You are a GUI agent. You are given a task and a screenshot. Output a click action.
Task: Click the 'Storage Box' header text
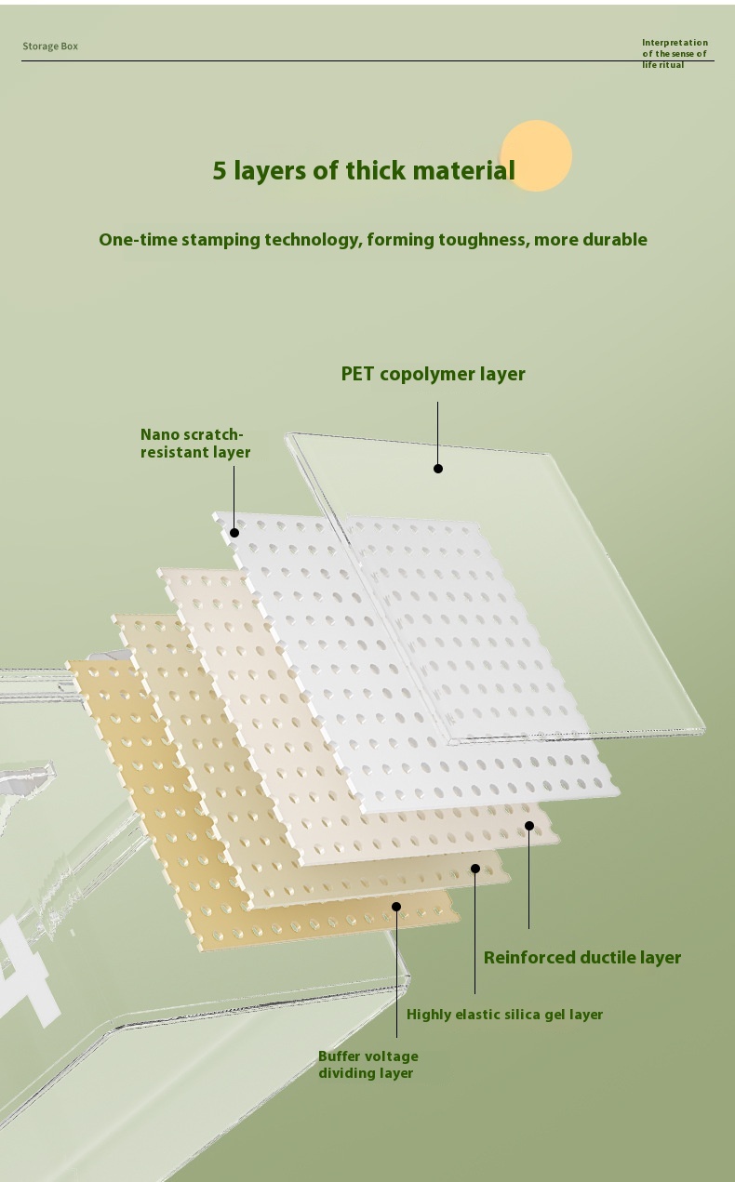coord(50,46)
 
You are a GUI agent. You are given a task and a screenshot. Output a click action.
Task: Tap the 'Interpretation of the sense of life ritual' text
coord(675,53)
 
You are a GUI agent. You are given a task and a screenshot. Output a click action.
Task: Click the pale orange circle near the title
coord(536,155)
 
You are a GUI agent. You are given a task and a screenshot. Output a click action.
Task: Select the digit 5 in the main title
coord(220,170)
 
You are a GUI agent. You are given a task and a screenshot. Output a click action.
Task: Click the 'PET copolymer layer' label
coord(433,374)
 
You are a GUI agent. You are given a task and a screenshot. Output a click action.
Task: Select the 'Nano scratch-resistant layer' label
coord(195,444)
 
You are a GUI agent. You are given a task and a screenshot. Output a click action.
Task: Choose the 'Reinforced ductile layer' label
coord(582,958)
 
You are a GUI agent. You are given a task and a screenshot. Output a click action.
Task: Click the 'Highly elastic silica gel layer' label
coord(504,1015)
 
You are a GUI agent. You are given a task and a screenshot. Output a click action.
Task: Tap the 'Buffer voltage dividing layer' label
coord(368,1064)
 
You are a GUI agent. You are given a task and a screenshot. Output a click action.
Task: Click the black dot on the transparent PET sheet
coord(437,469)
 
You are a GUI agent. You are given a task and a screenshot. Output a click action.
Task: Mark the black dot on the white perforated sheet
coord(234,533)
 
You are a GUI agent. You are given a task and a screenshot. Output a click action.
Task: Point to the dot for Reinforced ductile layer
coord(529,825)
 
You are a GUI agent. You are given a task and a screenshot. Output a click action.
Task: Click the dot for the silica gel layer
coord(475,869)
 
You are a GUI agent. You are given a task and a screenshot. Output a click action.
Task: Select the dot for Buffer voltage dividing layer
coord(396,907)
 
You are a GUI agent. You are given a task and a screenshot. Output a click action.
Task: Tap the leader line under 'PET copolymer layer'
coord(437,432)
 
